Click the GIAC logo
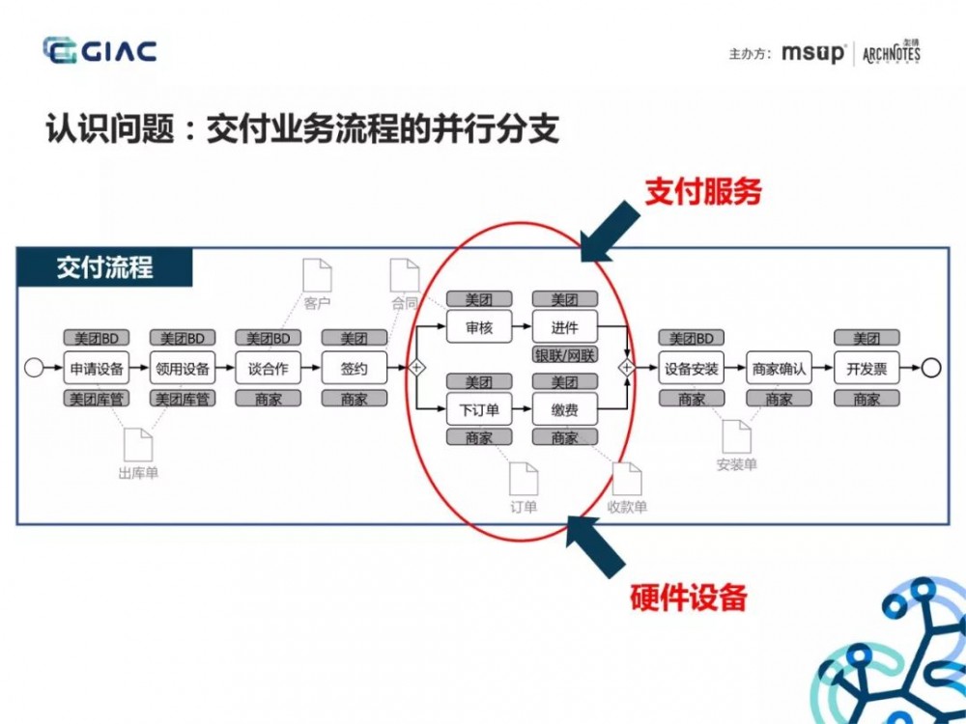(x=99, y=50)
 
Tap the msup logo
(x=812, y=53)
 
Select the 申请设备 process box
(x=97, y=368)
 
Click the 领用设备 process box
(x=182, y=368)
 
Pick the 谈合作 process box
(x=269, y=368)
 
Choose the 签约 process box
(x=354, y=368)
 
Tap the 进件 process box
(x=564, y=327)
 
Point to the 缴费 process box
(x=564, y=409)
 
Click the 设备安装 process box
(x=692, y=368)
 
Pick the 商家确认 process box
(x=779, y=368)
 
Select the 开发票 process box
(x=867, y=368)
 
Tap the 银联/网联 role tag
(x=565, y=355)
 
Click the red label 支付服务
(x=703, y=191)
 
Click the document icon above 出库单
(x=138, y=443)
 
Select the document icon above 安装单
(x=736, y=435)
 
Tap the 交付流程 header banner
(x=104, y=266)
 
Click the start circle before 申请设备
(x=34, y=368)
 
